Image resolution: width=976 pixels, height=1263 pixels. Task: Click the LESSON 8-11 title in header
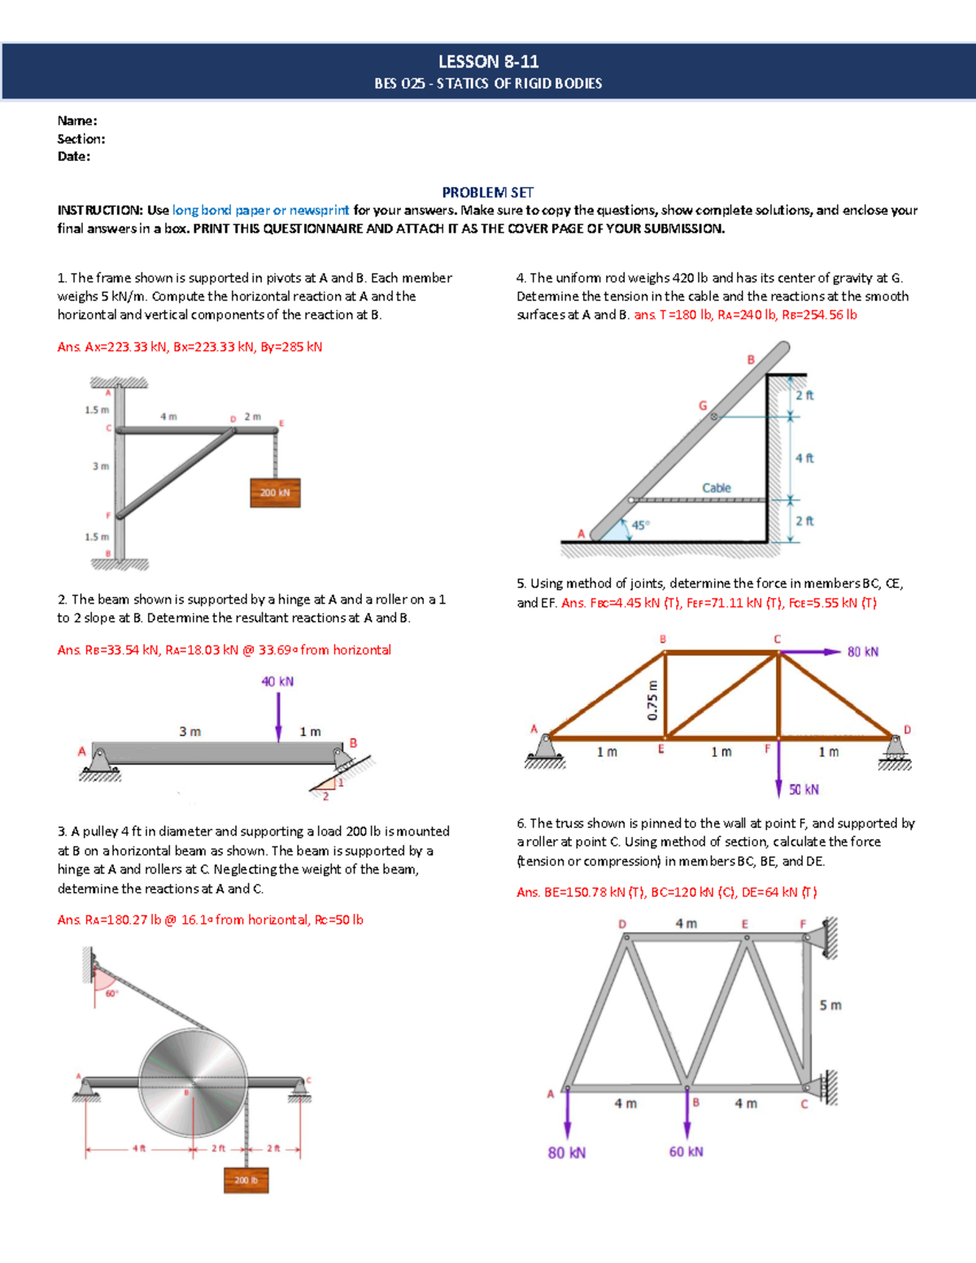click(488, 62)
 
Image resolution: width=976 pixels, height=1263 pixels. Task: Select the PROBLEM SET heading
click(487, 193)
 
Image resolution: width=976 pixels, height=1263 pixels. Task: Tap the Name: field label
click(77, 120)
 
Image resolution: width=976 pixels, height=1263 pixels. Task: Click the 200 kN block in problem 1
click(275, 493)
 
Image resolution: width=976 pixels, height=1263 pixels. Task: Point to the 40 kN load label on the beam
click(277, 682)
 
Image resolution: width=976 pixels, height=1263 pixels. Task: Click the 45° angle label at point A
click(641, 525)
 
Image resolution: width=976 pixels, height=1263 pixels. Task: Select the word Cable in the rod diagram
click(717, 488)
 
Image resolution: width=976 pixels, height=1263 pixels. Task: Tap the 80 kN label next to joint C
click(863, 651)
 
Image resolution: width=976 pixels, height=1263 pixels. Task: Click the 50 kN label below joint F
click(804, 790)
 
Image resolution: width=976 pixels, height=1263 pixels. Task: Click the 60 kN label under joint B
click(686, 1152)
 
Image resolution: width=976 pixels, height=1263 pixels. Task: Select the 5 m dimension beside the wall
click(830, 1005)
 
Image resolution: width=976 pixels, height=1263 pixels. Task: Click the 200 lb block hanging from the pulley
click(246, 1180)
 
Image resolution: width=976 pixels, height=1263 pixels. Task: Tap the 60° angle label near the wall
click(111, 993)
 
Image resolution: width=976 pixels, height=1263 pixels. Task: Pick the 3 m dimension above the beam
click(190, 732)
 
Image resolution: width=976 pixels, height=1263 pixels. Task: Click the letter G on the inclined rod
click(703, 406)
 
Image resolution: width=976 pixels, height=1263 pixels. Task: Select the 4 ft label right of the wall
click(804, 459)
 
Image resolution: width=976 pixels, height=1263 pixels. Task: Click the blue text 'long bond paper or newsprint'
click(260, 210)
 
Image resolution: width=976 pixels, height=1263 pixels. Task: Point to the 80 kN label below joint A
click(567, 1152)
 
